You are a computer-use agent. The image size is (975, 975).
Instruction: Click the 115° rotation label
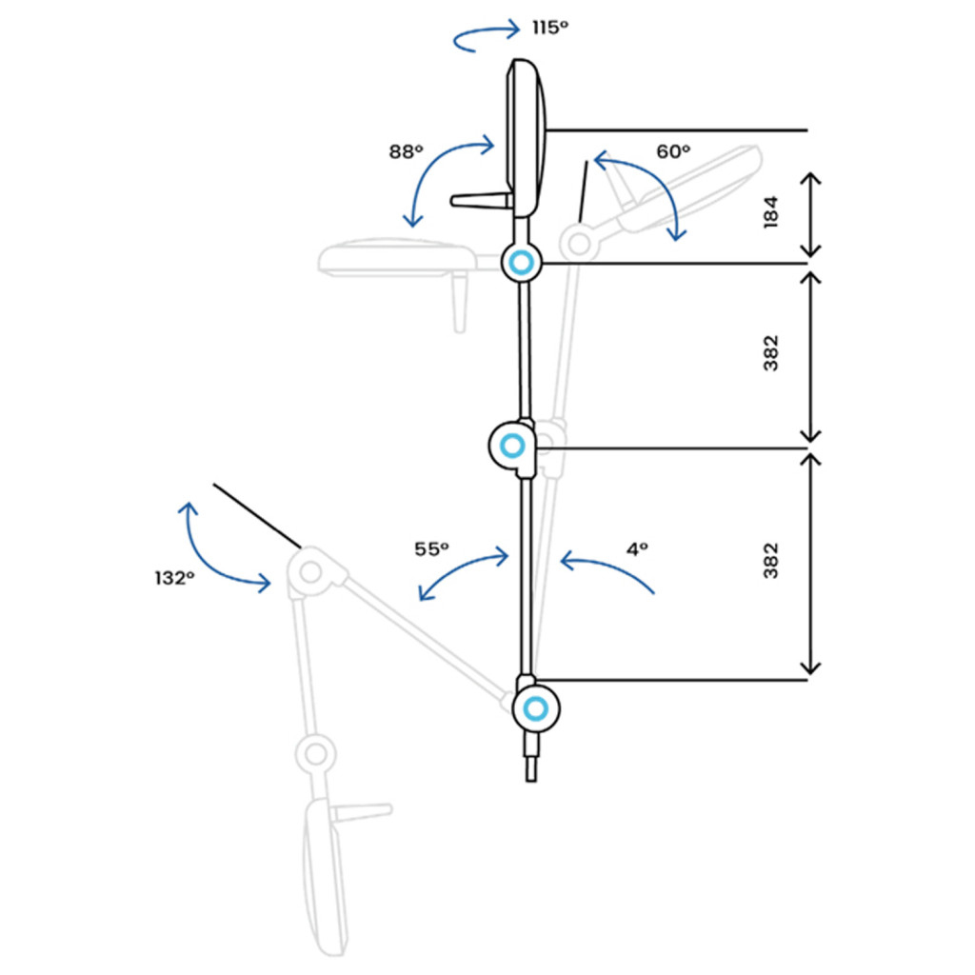(550, 28)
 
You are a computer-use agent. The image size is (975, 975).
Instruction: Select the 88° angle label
(406, 151)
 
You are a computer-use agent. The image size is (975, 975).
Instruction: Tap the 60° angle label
(673, 151)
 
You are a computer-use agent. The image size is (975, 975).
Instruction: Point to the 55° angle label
(431, 549)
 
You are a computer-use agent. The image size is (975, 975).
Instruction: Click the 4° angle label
(637, 549)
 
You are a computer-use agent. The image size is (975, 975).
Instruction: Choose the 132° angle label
(174, 578)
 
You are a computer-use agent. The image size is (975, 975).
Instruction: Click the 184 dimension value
(770, 212)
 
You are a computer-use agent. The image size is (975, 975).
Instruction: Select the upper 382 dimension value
(770, 353)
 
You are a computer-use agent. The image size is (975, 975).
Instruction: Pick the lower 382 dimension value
(770, 560)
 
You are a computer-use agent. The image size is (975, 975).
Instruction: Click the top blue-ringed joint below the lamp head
(521, 263)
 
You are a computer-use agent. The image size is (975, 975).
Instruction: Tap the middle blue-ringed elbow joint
(512, 446)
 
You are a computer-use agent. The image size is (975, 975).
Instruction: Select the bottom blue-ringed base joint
(535, 708)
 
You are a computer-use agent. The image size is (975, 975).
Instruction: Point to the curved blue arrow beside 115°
(486, 36)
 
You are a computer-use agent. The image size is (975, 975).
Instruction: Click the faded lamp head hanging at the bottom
(326, 877)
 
